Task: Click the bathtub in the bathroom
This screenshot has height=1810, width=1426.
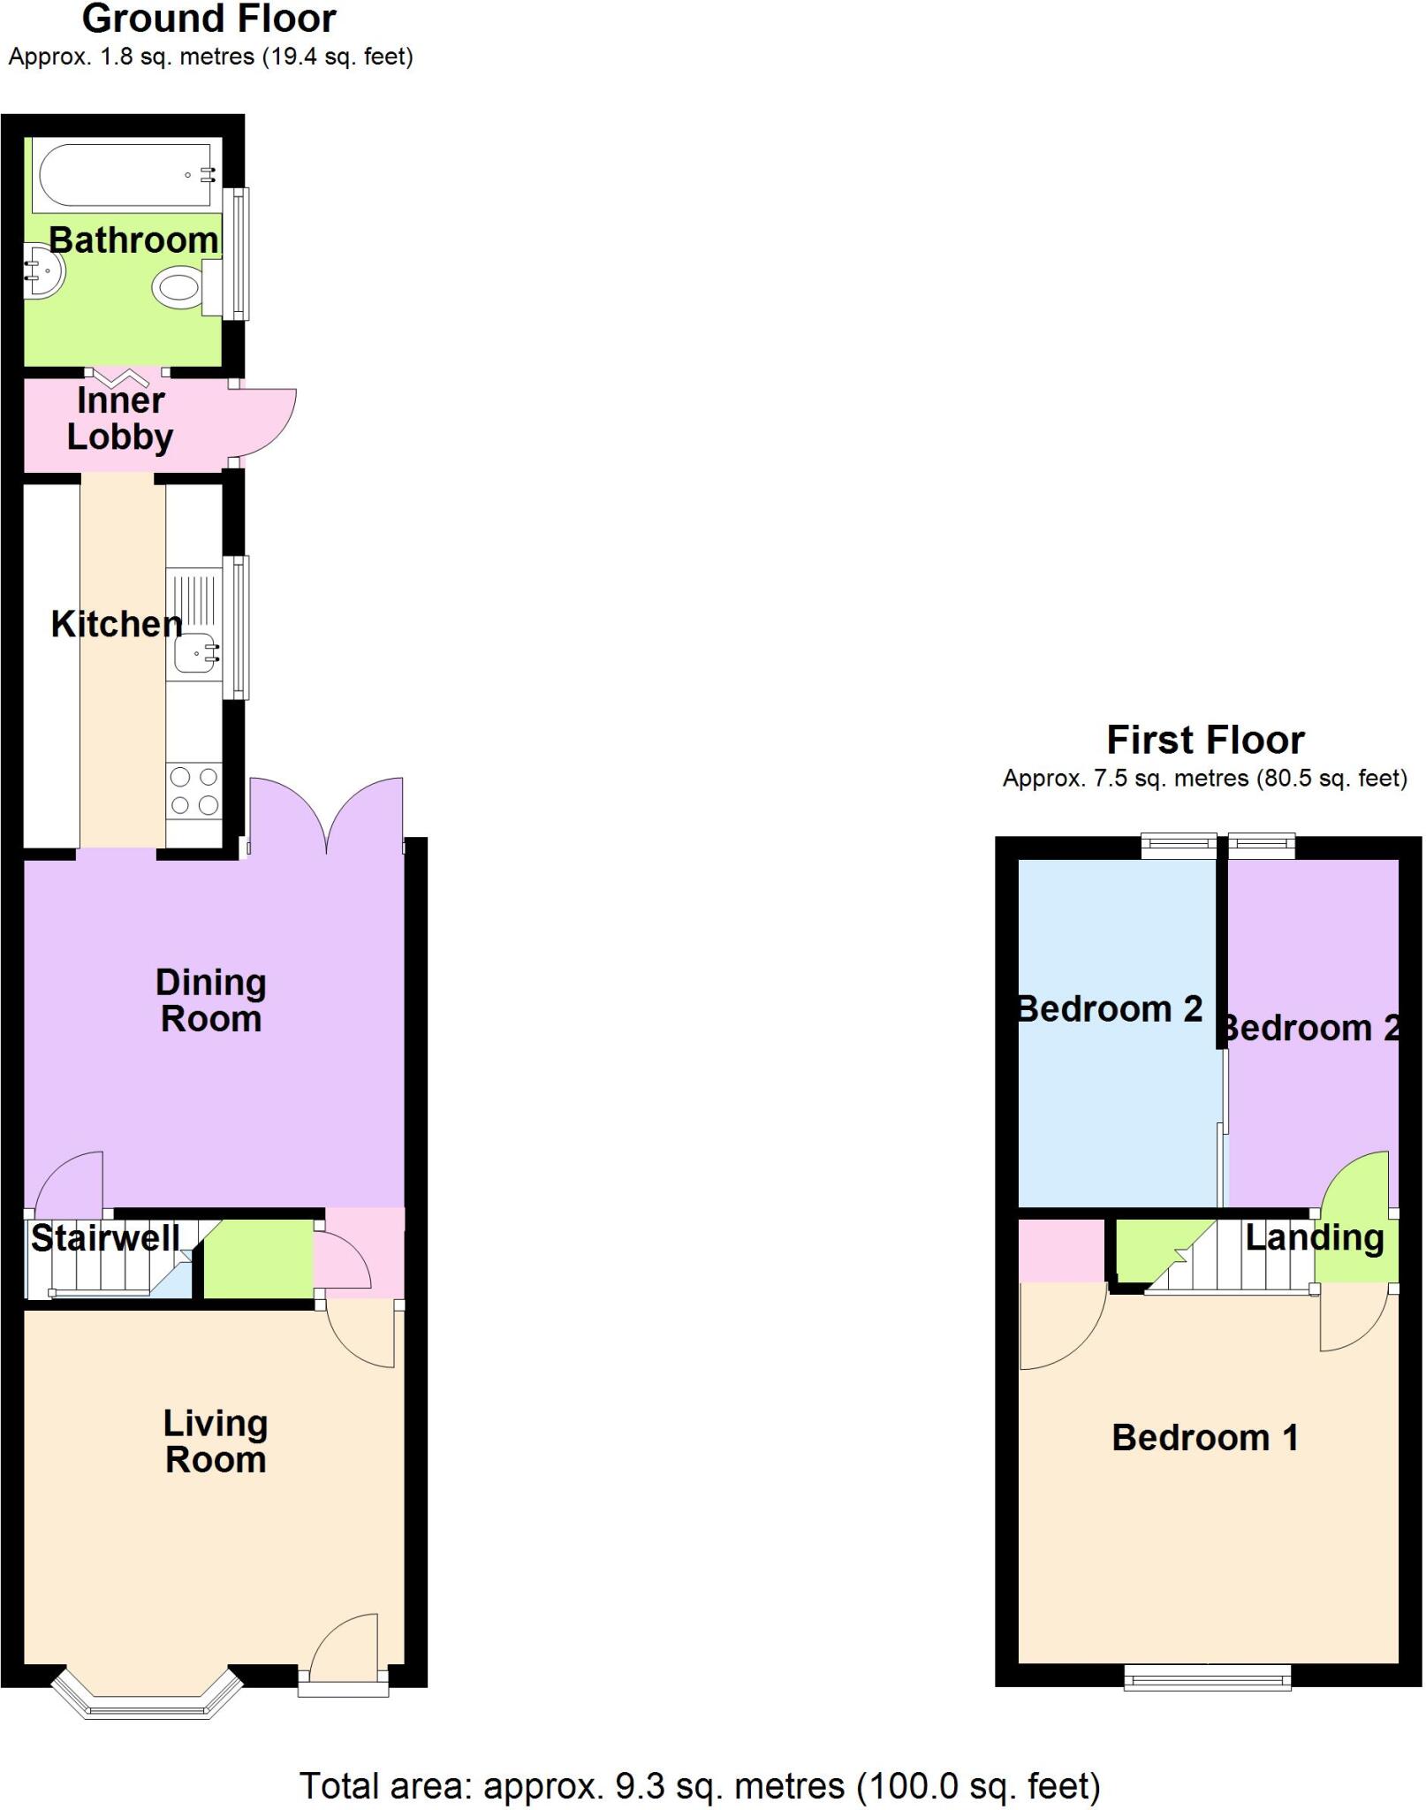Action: (124, 174)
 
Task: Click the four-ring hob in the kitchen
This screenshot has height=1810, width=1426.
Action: (194, 791)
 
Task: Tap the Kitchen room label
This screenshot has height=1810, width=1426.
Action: (116, 625)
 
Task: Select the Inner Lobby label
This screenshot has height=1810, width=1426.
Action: (120, 419)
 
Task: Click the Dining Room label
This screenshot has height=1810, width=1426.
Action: (211, 1000)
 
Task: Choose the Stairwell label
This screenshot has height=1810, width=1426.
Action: (105, 1237)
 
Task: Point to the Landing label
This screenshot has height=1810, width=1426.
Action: (1314, 1237)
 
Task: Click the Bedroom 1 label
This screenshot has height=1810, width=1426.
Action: (1204, 1438)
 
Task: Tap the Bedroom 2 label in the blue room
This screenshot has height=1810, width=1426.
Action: (1111, 1008)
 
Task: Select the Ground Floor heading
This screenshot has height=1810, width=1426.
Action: (209, 19)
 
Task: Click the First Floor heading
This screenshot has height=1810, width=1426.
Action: (1205, 740)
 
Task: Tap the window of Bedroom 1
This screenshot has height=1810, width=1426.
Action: (1207, 1677)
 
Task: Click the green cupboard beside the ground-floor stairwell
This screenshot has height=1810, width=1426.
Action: (258, 1259)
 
